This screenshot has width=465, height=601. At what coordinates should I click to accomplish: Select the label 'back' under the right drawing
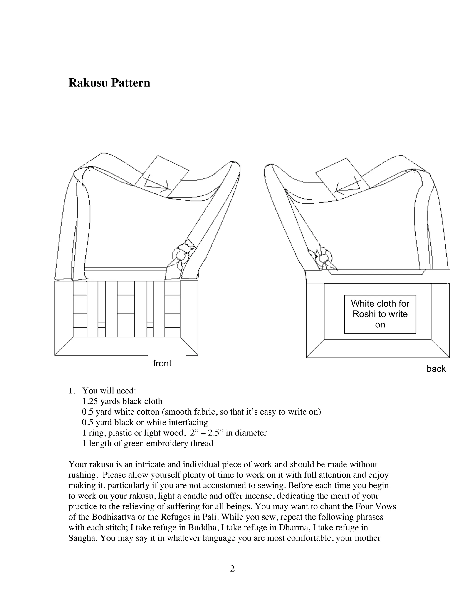(436, 369)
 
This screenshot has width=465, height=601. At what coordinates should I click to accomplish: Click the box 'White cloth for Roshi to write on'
(380, 314)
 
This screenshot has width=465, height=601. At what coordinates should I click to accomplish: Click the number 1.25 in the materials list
(90, 401)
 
